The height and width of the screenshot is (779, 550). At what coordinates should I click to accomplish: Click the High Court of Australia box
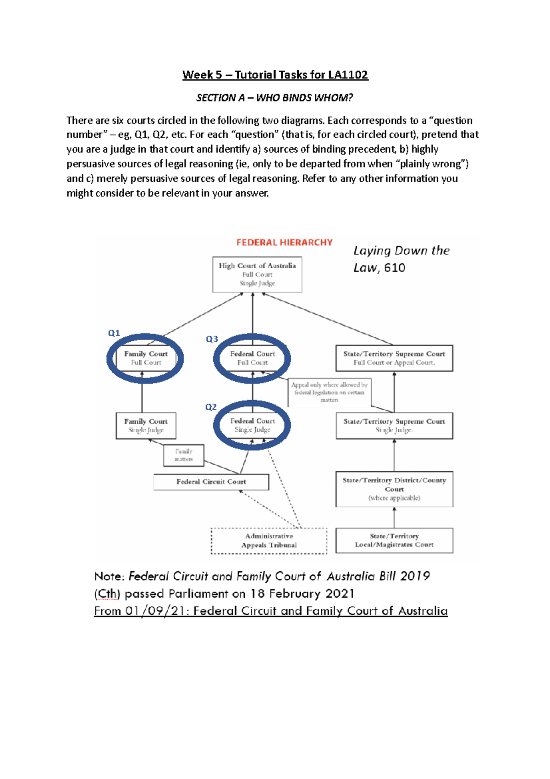pyautogui.click(x=257, y=274)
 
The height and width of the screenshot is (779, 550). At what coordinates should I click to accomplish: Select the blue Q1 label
pyautogui.click(x=114, y=333)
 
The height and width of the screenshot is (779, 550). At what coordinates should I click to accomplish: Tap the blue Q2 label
pyautogui.click(x=211, y=407)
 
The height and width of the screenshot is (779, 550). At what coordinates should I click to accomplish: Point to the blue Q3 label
pyautogui.click(x=212, y=339)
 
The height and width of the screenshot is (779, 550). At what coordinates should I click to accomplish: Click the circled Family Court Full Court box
pyautogui.click(x=145, y=358)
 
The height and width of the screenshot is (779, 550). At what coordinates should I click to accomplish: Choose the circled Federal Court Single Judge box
pyautogui.click(x=252, y=425)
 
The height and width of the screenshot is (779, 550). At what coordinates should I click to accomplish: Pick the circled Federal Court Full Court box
pyautogui.click(x=252, y=358)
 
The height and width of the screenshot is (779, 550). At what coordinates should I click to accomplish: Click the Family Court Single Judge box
pyautogui.click(x=146, y=426)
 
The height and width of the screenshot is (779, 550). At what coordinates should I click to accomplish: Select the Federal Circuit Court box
pyautogui.click(x=211, y=482)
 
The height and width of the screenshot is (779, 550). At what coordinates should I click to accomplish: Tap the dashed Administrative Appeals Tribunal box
pyautogui.click(x=269, y=540)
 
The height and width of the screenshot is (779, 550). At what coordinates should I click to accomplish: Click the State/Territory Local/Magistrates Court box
pyautogui.click(x=394, y=540)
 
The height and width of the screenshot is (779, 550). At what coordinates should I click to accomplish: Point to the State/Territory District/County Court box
pyautogui.click(x=394, y=489)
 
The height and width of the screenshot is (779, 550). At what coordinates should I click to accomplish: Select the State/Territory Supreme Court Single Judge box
pyautogui.click(x=394, y=426)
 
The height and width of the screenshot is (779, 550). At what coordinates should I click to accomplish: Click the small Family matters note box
pyautogui.click(x=183, y=455)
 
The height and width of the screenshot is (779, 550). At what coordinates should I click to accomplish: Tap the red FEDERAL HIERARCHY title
pyautogui.click(x=284, y=243)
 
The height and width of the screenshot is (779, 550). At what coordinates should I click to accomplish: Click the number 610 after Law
pyautogui.click(x=395, y=268)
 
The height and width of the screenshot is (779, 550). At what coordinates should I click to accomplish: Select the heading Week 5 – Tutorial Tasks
pyautogui.click(x=275, y=75)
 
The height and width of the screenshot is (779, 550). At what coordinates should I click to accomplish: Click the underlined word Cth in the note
pyautogui.click(x=107, y=594)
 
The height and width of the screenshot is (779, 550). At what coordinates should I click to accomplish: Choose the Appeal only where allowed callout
pyautogui.click(x=329, y=392)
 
